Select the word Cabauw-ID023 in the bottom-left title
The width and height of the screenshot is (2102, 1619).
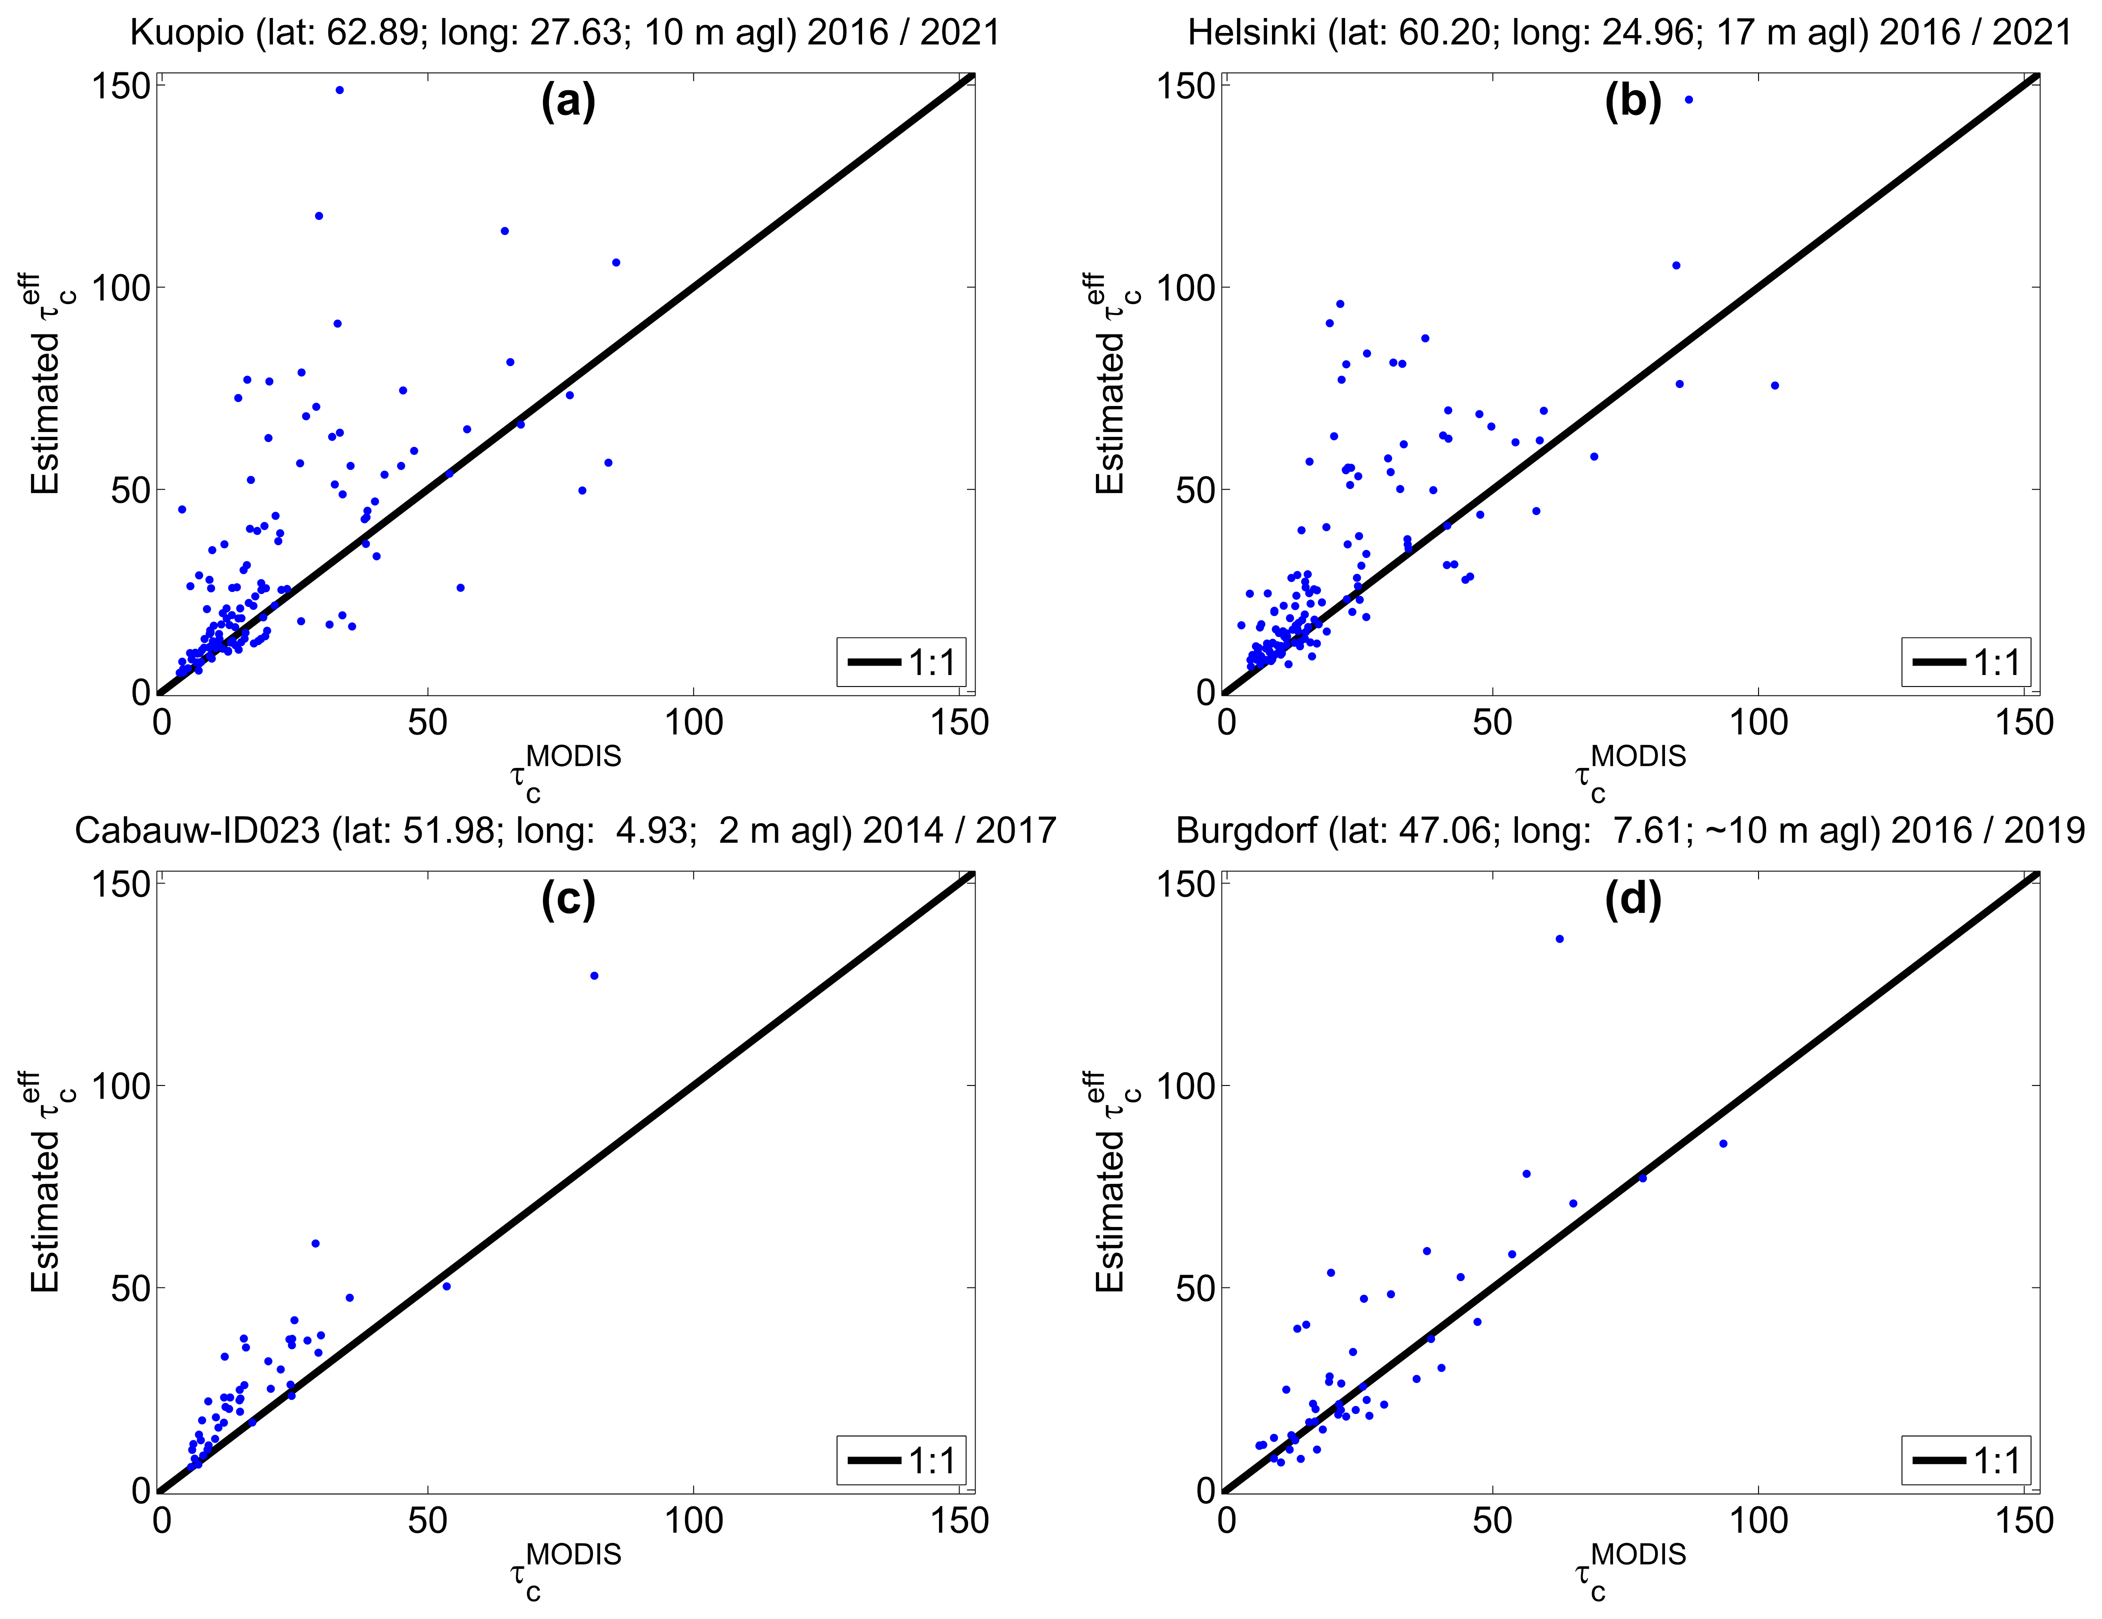(x=197, y=830)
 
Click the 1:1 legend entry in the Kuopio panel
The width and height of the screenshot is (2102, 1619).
(x=901, y=662)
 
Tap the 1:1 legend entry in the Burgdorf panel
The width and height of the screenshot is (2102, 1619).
(x=1965, y=1460)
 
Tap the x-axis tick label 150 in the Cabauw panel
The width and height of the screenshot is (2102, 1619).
(x=959, y=1521)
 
